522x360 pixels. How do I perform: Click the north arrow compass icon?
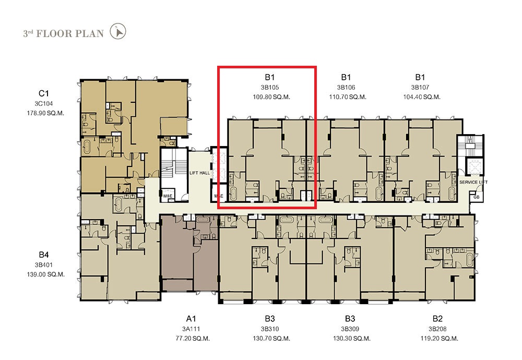pos(118,31)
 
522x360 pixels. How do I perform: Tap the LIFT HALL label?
pos(199,173)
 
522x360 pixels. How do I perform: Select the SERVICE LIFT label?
pos(473,182)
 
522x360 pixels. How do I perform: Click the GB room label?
pos(477,197)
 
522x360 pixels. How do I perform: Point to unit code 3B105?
pos(270,88)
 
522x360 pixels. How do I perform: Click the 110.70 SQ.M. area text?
pos(348,97)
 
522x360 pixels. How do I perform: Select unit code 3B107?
pos(420,88)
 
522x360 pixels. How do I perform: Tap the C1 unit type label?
pos(44,93)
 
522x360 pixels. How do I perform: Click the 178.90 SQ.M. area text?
pos(45,113)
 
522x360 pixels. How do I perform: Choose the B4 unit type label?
pos(44,255)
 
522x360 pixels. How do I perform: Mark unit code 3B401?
pos(44,265)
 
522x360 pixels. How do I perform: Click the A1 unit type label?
pos(191,319)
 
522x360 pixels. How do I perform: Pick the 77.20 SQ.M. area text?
pos(193,339)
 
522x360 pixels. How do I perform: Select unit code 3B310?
pos(270,329)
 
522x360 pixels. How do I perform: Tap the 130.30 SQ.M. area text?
pos(351,339)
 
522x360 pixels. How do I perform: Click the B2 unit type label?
pos(437,319)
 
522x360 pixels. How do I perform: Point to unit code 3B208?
pos(437,329)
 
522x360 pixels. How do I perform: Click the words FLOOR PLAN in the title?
pos(70,33)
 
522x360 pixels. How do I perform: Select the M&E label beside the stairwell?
pos(168,196)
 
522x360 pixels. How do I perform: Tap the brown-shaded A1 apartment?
pos(189,253)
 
